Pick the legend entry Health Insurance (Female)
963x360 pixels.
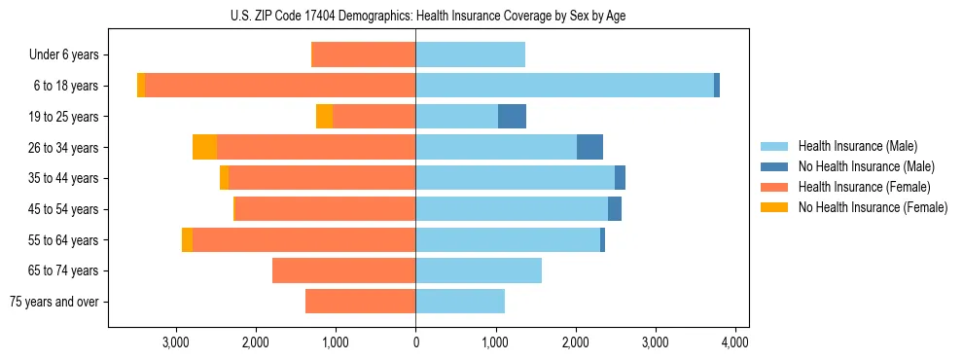coord(864,187)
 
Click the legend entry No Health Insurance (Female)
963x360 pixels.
coord(873,207)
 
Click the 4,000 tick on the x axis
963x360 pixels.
coord(735,342)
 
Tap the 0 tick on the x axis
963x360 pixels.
coord(415,342)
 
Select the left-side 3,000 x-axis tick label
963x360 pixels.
coord(176,342)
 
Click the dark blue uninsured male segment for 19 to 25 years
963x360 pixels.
coord(512,117)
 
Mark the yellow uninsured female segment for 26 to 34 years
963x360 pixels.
coord(204,147)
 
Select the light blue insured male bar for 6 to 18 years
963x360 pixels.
coord(564,86)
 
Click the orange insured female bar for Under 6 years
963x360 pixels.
coord(363,54)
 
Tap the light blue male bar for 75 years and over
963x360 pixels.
coord(460,302)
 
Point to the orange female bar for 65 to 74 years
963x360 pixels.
coord(343,270)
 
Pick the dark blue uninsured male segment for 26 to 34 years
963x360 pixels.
coord(589,147)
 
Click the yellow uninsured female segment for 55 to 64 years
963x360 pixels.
coord(187,239)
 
